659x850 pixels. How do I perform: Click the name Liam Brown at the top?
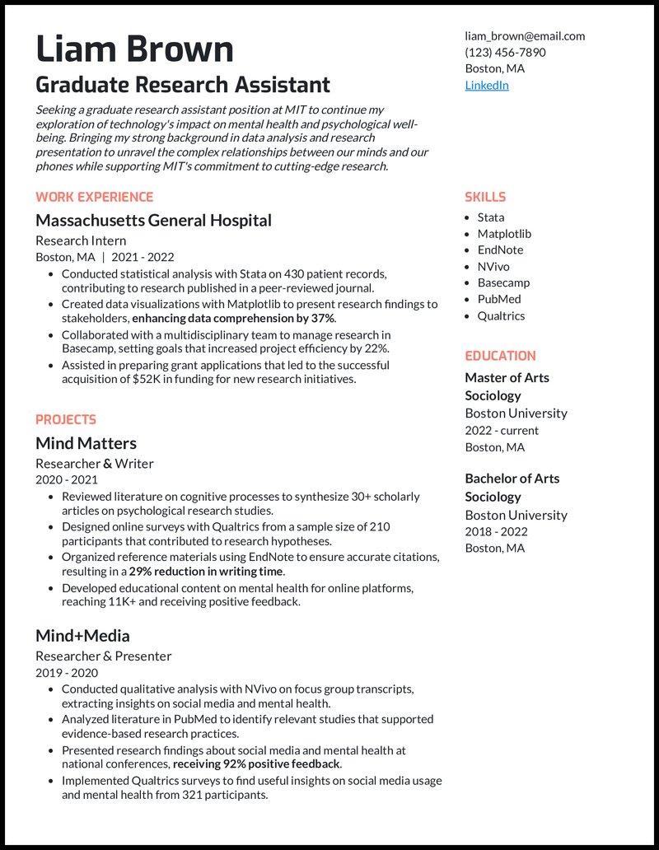click(134, 49)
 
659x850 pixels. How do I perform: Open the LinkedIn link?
click(487, 85)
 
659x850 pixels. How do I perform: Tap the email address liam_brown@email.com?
click(525, 35)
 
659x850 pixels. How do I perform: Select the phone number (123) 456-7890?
click(505, 52)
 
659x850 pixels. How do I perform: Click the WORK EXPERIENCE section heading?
click(94, 197)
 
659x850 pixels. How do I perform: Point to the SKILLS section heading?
click(485, 197)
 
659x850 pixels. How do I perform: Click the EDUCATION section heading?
click(500, 356)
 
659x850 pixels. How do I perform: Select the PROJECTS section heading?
click(66, 419)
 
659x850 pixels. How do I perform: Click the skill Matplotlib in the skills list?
click(504, 234)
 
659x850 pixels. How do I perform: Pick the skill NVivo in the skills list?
click(494, 266)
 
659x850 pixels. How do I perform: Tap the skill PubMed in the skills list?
click(499, 299)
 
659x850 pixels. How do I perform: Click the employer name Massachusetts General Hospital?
click(153, 220)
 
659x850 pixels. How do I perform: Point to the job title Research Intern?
click(81, 241)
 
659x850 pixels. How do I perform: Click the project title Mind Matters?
click(86, 443)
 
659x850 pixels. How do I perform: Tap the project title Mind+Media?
click(82, 636)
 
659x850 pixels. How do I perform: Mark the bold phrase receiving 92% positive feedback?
click(256, 764)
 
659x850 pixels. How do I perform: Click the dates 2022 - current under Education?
click(502, 430)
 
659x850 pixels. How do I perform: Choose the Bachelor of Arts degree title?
click(512, 479)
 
